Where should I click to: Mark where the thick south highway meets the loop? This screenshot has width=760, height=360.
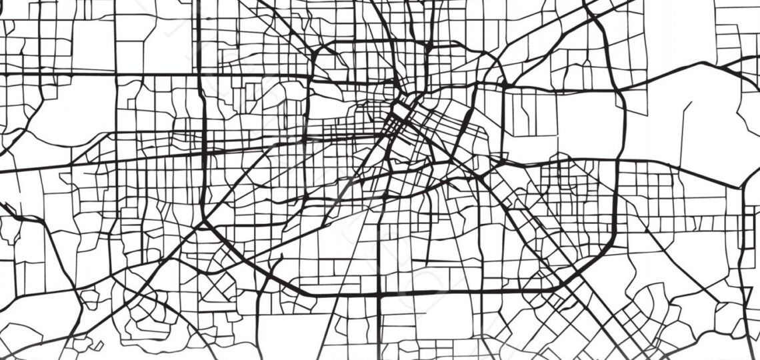(379, 293)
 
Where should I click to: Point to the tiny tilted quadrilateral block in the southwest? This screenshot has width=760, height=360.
(97, 346)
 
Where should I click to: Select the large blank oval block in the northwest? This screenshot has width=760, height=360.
(60, 120)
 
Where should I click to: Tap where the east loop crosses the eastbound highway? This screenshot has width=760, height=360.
(617, 160)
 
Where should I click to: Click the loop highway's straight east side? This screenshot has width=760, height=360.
(616, 200)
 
